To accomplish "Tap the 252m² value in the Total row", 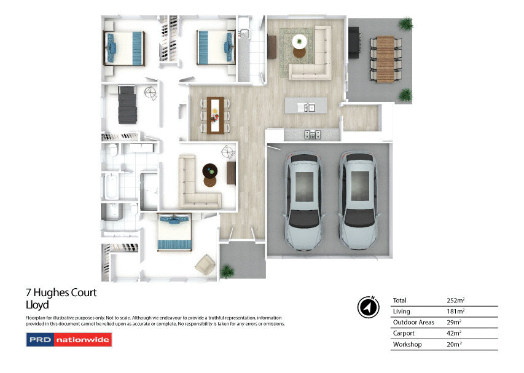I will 455,300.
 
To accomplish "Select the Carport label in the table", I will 404,333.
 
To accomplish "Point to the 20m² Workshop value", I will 455,345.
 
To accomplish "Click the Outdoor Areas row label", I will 413,322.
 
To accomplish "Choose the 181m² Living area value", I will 455,312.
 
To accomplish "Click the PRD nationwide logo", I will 68,339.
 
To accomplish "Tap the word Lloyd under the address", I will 37,305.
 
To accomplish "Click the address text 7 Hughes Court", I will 61,293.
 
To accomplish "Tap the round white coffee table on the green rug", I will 300,42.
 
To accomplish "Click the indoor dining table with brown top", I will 215,114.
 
